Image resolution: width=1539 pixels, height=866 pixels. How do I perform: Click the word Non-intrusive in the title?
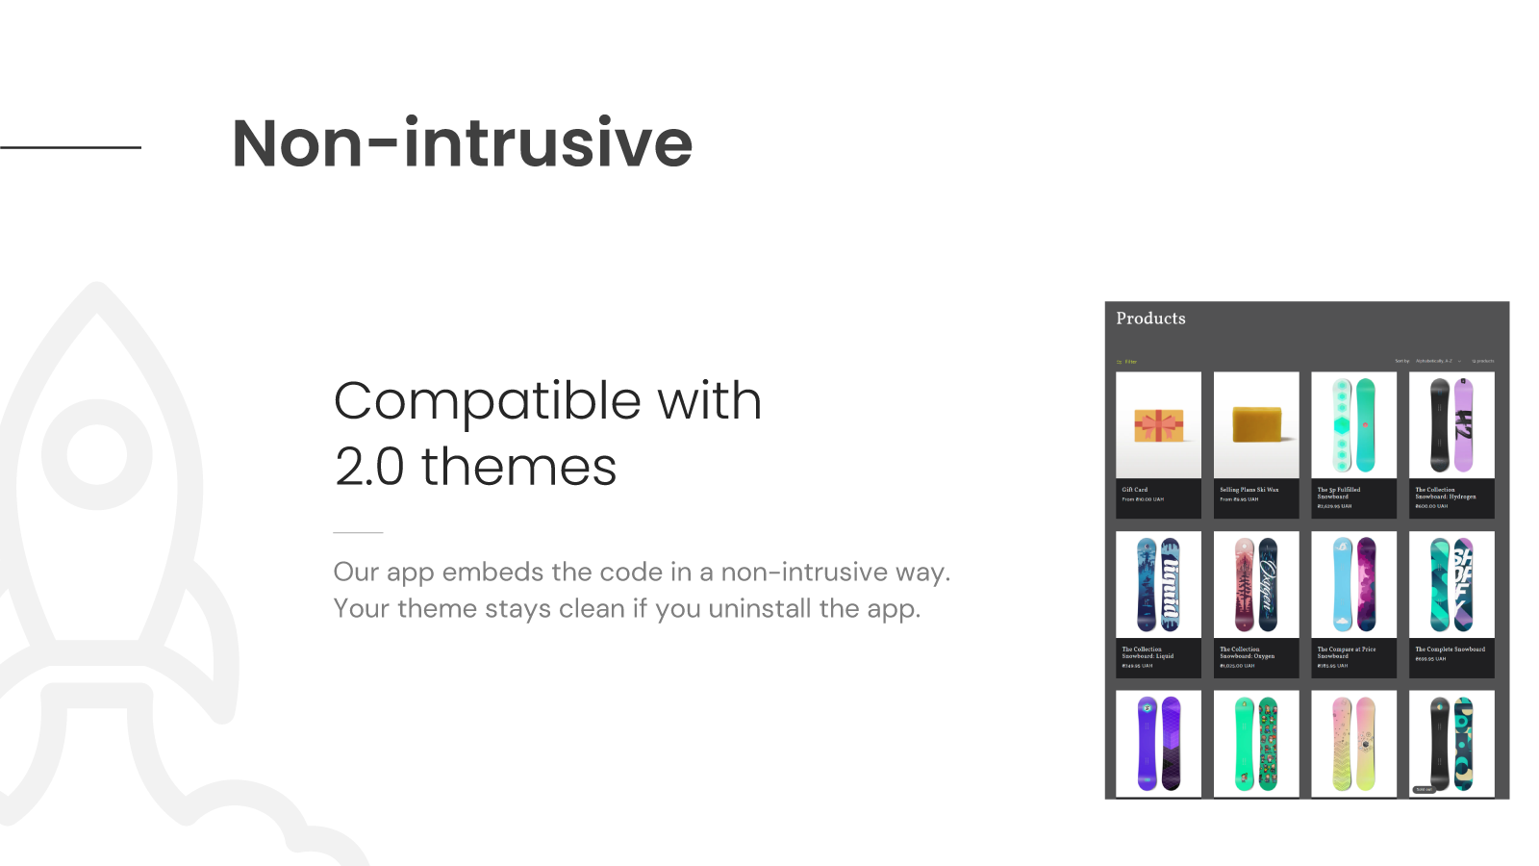[x=462, y=143]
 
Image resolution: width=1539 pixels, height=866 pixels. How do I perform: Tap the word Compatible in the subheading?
[x=488, y=400]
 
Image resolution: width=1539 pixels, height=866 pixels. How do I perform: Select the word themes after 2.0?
[x=518, y=468]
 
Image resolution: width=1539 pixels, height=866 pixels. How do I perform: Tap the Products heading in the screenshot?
[x=1150, y=318]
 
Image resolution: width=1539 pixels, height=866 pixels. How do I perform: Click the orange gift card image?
[x=1158, y=424]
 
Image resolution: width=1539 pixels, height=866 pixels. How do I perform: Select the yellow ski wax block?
[x=1256, y=424]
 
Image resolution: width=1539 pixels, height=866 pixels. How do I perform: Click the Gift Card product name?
[x=1135, y=490]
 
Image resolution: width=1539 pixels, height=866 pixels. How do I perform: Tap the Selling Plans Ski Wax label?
[x=1249, y=490]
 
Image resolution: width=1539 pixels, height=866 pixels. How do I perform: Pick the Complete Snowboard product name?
[x=1450, y=649]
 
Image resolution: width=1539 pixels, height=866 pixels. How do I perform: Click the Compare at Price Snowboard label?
[x=1346, y=652]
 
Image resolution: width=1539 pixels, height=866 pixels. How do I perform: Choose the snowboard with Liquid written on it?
[x=1170, y=585]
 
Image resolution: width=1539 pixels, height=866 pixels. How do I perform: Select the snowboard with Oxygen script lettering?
[x=1268, y=585]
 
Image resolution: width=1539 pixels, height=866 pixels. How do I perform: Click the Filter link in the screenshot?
[x=1129, y=362]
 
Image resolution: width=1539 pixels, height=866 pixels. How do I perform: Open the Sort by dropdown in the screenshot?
[x=1434, y=361]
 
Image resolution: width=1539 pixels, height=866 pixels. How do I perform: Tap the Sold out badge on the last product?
[x=1424, y=789]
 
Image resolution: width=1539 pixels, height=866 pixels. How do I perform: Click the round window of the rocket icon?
[x=96, y=454]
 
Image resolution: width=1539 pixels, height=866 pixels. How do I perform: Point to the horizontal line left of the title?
[x=70, y=147]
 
